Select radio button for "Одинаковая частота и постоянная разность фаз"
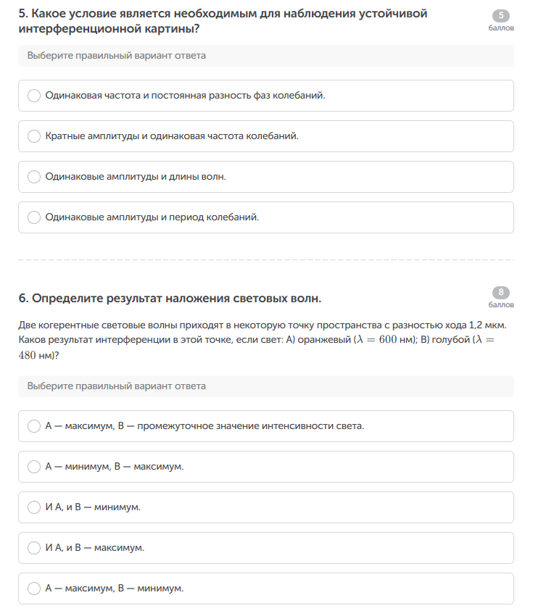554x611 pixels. coord(34,96)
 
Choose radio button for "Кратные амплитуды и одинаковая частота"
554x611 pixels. coord(34,136)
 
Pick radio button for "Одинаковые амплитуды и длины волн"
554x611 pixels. coord(34,177)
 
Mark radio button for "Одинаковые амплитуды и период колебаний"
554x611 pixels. coord(34,217)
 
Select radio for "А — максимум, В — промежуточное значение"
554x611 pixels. coord(34,426)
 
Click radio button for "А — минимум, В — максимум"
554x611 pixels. coord(34,467)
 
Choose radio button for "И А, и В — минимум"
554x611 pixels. coord(34,507)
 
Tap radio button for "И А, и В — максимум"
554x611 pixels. coord(34,548)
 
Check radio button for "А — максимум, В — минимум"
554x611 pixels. coord(34,589)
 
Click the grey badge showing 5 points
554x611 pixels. coord(501,15)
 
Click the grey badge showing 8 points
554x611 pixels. coord(501,293)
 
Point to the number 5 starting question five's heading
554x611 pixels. coord(22,14)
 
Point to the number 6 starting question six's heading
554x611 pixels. coord(22,299)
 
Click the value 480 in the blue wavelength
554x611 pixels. coord(30,356)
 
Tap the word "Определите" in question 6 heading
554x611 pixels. coord(64,299)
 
